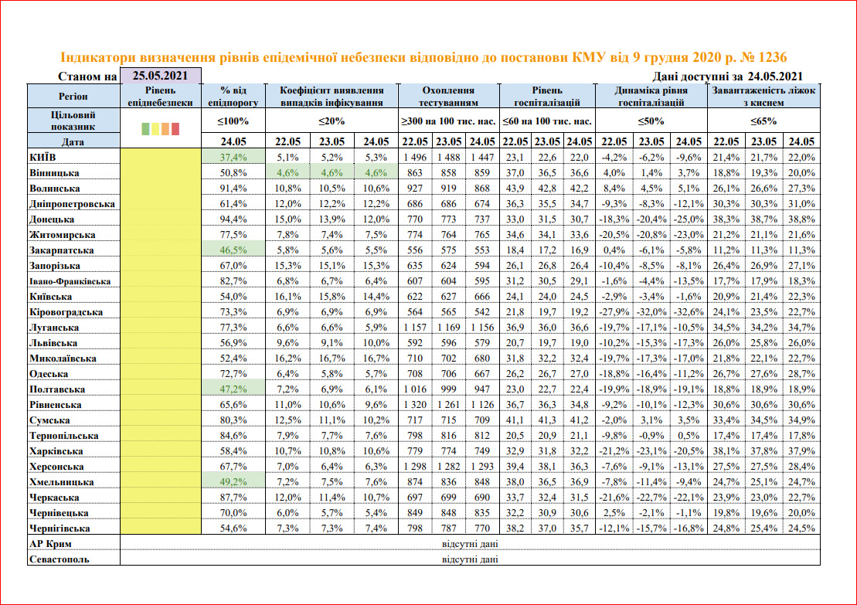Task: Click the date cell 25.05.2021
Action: tap(161, 76)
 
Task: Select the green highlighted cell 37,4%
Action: tap(233, 157)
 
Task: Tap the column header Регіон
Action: tap(74, 96)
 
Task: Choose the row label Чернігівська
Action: tap(60, 528)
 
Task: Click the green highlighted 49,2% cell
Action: tap(233, 481)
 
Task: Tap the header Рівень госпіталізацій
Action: tap(547, 96)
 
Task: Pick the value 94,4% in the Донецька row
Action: tap(233, 219)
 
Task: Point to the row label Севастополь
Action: tap(58, 559)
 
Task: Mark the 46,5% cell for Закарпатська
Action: tap(233, 250)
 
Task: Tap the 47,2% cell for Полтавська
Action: tap(233, 389)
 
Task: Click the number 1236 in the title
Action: tap(772, 58)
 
